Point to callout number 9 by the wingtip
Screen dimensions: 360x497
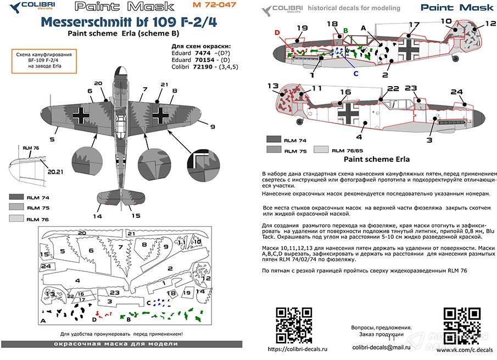point(197,127)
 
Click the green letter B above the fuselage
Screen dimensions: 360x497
point(345,30)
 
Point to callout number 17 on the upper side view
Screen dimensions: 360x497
point(414,25)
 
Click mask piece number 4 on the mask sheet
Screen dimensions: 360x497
point(77,280)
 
